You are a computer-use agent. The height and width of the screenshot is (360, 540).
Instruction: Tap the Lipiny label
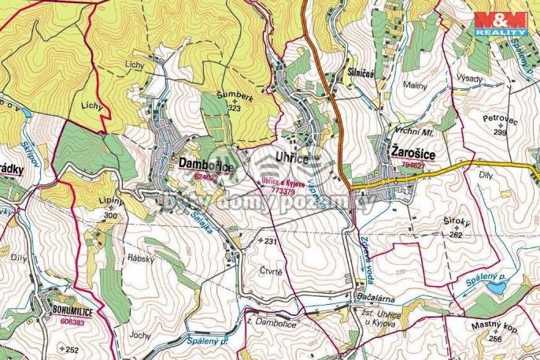point(113,202)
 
